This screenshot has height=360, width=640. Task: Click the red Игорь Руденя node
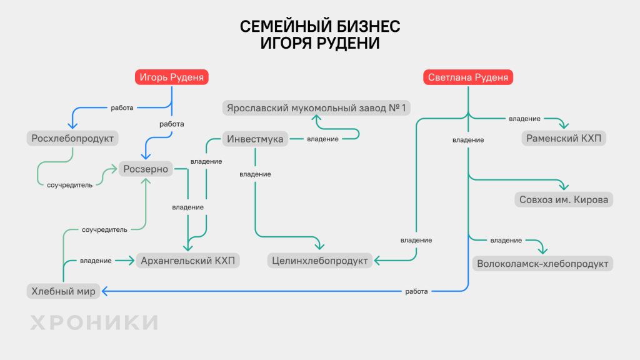pyautogui.click(x=171, y=77)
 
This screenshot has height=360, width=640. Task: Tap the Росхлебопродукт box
pyautogui.click(x=73, y=137)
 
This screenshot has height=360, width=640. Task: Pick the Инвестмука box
pyautogui.click(x=256, y=139)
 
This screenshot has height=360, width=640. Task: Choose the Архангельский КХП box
pyautogui.click(x=188, y=260)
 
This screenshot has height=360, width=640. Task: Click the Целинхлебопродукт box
pyautogui.click(x=320, y=260)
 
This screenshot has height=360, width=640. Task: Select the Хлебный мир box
pyautogui.click(x=63, y=291)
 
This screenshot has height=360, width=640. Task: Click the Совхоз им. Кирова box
pyautogui.click(x=564, y=200)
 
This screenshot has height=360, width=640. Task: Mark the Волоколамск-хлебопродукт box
pyautogui.click(x=542, y=263)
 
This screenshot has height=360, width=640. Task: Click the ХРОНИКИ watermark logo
pyautogui.click(x=94, y=322)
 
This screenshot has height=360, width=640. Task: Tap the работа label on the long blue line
pyautogui.click(x=416, y=291)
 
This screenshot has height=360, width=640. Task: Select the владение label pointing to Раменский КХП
pyautogui.click(x=524, y=119)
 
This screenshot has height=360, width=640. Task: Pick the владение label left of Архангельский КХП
pyautogui.click(x=96, y=261)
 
